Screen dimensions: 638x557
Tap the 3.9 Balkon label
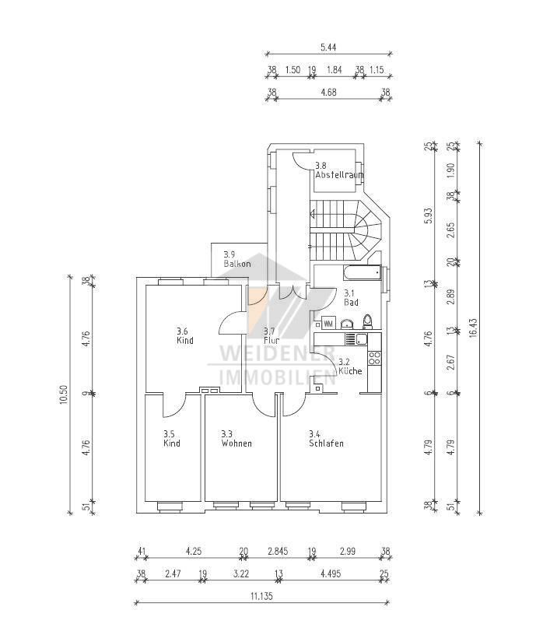pos(236,259)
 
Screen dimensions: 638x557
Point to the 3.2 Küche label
pos(349,366)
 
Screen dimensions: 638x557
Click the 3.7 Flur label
pos(271,335)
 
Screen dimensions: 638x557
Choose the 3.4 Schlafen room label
pos(325,439)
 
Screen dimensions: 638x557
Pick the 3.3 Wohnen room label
pos(236,439)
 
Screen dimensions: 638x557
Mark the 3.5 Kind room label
pos(171,439)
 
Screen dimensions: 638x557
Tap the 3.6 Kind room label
pos(184,335)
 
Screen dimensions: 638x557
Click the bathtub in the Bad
pos(361,272)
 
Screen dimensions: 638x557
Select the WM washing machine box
pos(328,322)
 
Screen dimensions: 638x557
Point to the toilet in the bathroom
pos(368,321)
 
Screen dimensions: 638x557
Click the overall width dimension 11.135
pos(261,596)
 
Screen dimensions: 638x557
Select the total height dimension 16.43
pos(473,327)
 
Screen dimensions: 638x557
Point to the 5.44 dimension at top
pos(328,47)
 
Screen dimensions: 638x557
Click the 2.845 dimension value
pos(277,552)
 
